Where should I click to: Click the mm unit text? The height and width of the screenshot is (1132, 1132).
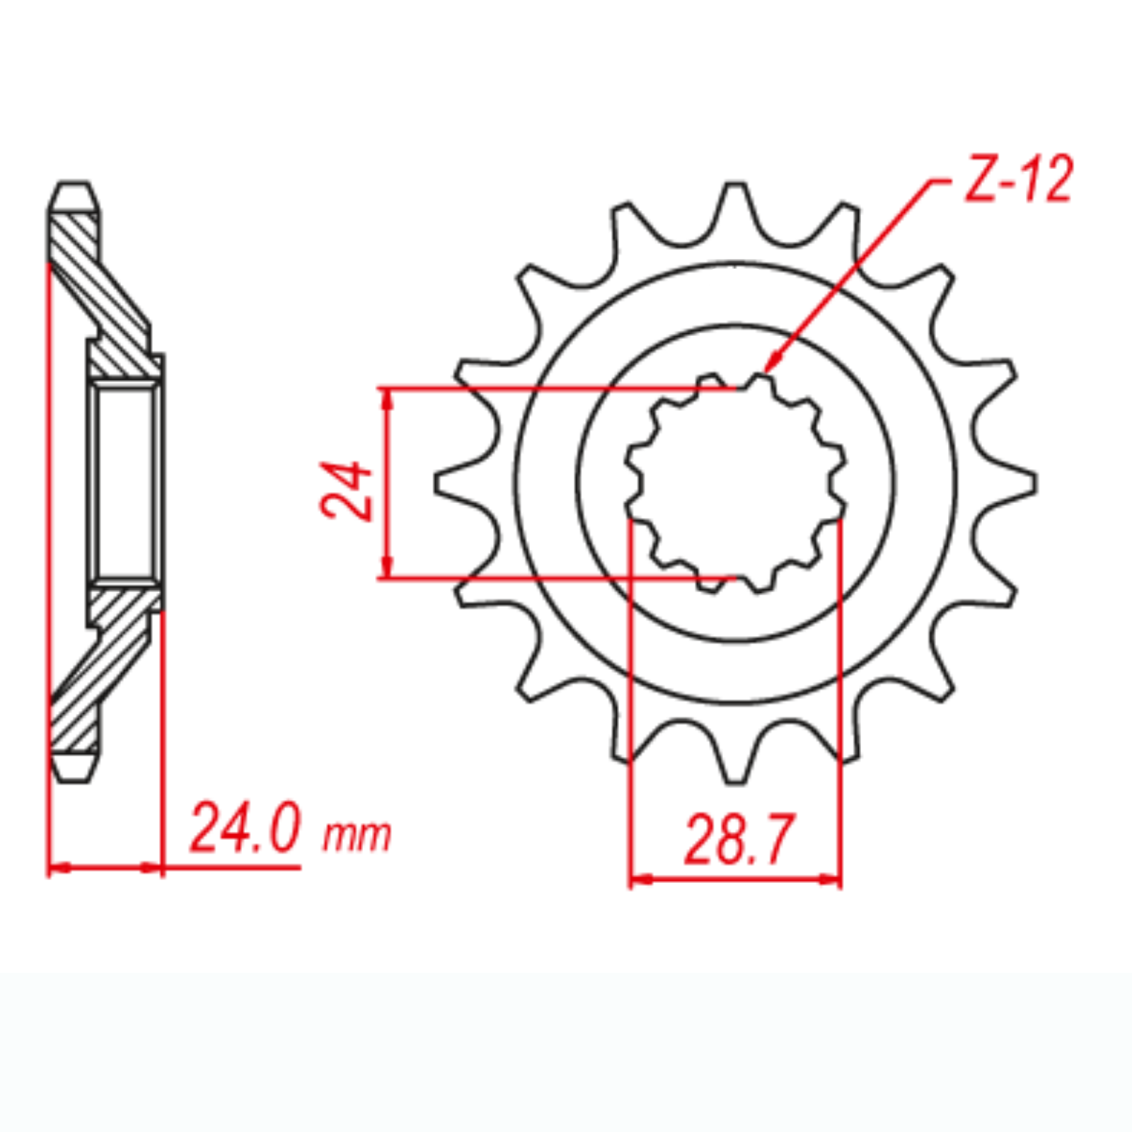tap(357, 836)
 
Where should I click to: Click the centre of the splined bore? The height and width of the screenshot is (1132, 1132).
tap(735, 483)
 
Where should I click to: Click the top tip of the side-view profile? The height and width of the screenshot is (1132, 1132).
tap(74, 186)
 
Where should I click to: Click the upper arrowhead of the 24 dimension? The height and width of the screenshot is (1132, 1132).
tap(386, 397)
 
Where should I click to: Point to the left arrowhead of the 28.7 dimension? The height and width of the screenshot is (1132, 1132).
tap(639, 880)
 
